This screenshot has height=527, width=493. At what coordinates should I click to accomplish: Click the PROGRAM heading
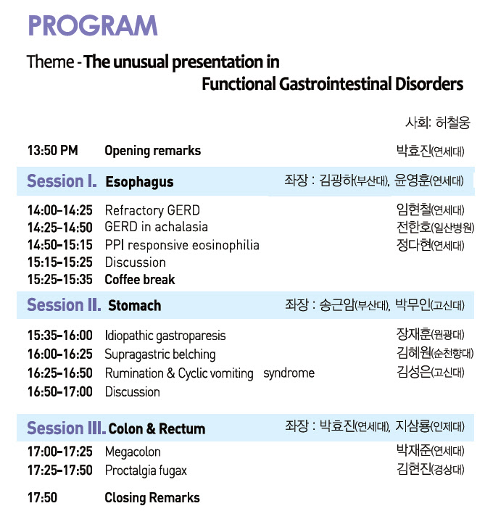[x=93, y=25]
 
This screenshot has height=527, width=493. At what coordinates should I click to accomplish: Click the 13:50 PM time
[x=53, y=150]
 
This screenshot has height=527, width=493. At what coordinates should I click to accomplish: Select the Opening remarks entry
[x=152, y=151]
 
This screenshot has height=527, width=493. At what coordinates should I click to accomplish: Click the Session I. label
[x=62, y=181]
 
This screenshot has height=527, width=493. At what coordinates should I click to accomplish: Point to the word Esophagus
[x=139, y=182]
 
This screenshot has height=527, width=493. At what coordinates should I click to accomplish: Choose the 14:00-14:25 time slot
[x=60, y=210]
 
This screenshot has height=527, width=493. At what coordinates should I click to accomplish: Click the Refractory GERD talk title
[x=152, y=210]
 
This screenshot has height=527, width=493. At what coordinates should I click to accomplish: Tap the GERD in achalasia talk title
[x=157, y=227]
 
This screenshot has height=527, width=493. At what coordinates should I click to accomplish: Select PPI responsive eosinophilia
[x=182, y=245]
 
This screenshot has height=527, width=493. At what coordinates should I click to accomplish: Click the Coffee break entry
[x=140, y=279]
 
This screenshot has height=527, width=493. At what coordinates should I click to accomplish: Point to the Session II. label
[x=64, y=305]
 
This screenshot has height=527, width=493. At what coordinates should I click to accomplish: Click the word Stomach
[x=134, y=305]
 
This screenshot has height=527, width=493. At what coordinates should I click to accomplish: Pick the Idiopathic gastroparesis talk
[x=165, y=336]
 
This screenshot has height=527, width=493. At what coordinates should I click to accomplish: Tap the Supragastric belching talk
[x=160, y=354]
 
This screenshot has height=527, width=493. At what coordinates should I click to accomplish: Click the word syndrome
[x=289, y=373]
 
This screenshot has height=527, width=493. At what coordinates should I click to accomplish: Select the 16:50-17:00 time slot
[x=60, y=392]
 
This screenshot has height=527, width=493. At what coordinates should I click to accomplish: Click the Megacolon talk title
[x=133, y=452]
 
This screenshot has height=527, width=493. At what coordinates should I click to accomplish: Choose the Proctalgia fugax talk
[x=146, y=471]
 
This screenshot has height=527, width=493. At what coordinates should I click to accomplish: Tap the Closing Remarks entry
[x=152, y=498]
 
